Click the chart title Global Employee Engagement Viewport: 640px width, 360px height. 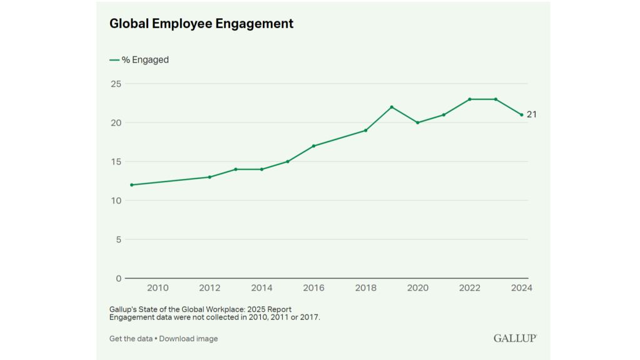(201, 24)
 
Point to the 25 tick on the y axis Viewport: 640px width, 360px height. (115, 84)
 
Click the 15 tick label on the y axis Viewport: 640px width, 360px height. (115, 162)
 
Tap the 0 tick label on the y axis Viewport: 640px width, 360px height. (118, 279)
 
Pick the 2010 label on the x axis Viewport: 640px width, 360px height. (158, 288)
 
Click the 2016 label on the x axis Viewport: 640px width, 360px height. (313, 288)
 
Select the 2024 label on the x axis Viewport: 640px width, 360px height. (521, 288)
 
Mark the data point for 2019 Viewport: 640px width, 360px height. (392, 107)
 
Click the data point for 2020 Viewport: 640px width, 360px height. (417, 123)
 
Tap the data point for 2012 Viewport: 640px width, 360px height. (210, 177)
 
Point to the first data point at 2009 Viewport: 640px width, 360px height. (131, 185)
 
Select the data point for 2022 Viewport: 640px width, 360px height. (469, 99)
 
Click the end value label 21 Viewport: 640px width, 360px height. (531, 115)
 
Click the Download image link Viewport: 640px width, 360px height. (189, 339)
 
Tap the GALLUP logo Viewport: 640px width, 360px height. (515, 338)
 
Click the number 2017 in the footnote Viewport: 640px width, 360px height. (309, 317)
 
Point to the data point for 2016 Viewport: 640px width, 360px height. (313, 146)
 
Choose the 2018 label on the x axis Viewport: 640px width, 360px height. (365, 288)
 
